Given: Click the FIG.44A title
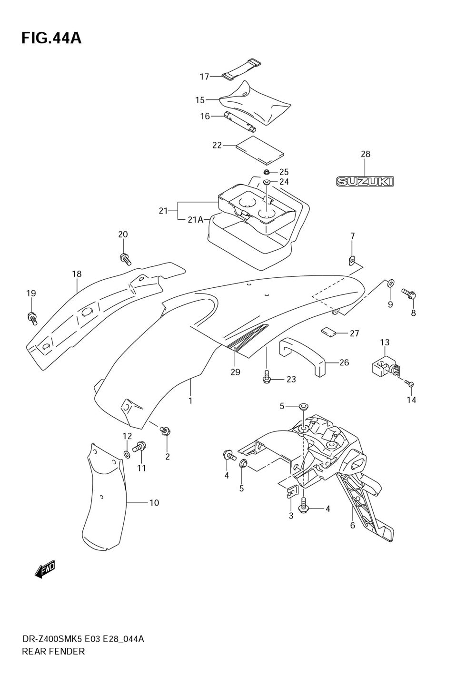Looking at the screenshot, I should pyautogui.click(x=51, y=38).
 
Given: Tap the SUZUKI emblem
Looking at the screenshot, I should pyautogui.click(x=365, y=181).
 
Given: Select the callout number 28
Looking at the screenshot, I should pyautogui.click(x=365, y=154).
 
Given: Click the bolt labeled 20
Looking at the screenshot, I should pyautogui.click(x=125, y=259).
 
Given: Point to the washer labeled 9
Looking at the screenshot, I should pyautogui.click(x=390, y=283).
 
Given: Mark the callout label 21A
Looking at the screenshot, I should pyautogui.click(x=195, y=219).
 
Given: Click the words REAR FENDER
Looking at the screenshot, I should pyautogui.click(x=53, y=651).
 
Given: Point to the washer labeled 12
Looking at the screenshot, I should pyautogui.click(x=127, y=455).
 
